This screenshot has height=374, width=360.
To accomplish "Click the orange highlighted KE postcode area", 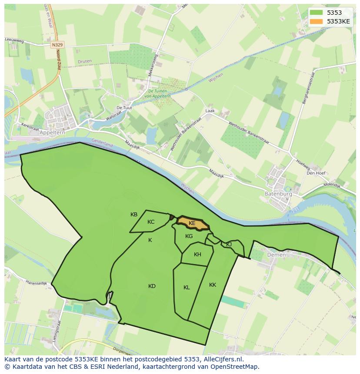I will coord(192,223).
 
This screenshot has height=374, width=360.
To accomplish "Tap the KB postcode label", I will coord(134,215).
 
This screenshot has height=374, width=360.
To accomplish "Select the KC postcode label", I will coord(151,222).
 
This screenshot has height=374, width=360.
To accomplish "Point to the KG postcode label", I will coord(189,236).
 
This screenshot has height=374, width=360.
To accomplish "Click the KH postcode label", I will coord(197,255).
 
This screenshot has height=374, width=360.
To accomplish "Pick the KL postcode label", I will coord(187,288).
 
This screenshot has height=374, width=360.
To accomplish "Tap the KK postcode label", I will coord(213,285).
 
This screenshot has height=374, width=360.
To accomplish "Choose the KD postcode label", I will coord(152,286).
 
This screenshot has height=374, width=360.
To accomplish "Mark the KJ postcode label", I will coord(229,245).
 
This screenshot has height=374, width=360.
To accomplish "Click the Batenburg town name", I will coord(278,194).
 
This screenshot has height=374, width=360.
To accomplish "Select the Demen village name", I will coord(277,255).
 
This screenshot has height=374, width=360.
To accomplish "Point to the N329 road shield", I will coord(56,45).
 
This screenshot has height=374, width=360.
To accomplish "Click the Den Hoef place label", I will coord(316,172).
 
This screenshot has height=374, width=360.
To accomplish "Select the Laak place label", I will coord(210,111).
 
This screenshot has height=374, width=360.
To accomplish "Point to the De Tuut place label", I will coord(124,108).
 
